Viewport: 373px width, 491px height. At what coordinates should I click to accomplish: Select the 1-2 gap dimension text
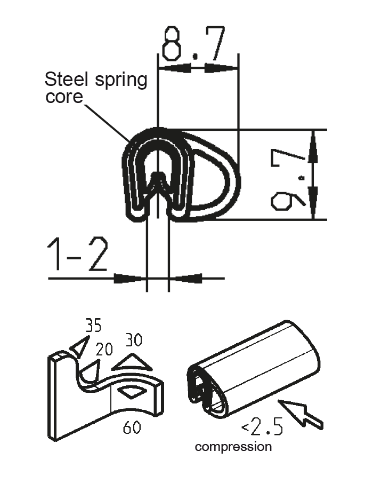coord(78,256)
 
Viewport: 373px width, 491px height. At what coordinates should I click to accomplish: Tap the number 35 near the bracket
coord(93,325)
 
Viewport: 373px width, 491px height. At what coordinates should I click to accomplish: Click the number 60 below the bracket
coord(132,427)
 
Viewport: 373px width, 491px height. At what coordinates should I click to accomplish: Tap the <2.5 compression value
coord(262,427)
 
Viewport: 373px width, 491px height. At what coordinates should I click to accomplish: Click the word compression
coord(233,447)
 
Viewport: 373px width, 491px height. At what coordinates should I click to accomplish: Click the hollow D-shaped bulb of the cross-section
coord(213,176)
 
